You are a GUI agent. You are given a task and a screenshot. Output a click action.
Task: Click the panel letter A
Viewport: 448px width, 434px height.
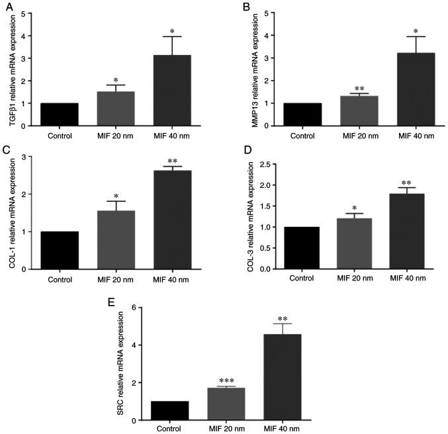pos(7,7)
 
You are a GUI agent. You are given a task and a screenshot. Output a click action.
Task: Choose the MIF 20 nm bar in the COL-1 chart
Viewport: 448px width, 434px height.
pos(116,240)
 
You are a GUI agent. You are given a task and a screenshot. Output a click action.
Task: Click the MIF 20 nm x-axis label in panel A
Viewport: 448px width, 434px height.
pos(116,137)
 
